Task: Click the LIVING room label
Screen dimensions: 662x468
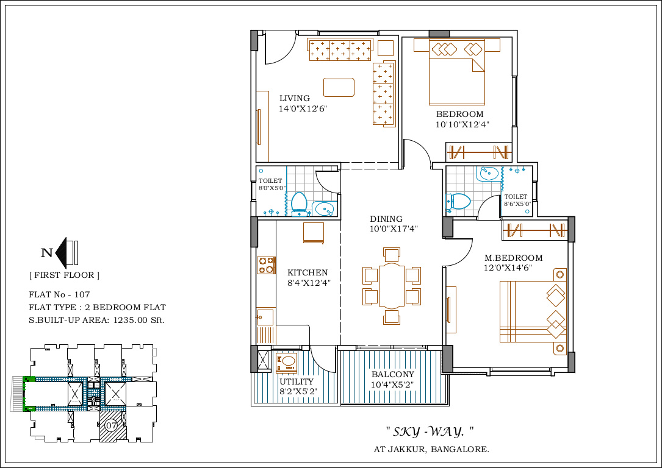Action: tap(294, 98)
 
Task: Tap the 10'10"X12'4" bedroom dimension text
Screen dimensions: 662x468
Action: tap(462, 124)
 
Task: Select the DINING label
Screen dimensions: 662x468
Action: tap(386, 219)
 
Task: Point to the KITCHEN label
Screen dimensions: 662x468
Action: tap(308, 272)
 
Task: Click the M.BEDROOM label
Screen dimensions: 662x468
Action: tap(513, 258)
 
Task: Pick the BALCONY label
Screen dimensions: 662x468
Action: tap(393, 374)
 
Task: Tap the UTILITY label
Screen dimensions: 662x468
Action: tap(297, 381)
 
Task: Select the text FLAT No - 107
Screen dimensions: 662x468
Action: tap(60, 294)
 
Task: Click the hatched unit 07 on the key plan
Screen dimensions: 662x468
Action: tap(112, 426)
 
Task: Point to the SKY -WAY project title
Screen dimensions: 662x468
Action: tap(430, 431)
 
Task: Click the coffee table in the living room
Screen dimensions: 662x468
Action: tap(339, 87)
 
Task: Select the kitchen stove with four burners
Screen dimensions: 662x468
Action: tap(266, 265)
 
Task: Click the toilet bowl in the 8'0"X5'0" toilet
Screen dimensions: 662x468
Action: tap(299, 202)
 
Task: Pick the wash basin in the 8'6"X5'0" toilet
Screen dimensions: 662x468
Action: tap(489, 173)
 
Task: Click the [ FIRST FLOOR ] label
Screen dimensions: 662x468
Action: tap(64, 275)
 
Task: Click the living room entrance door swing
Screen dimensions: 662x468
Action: tap(280, 49)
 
